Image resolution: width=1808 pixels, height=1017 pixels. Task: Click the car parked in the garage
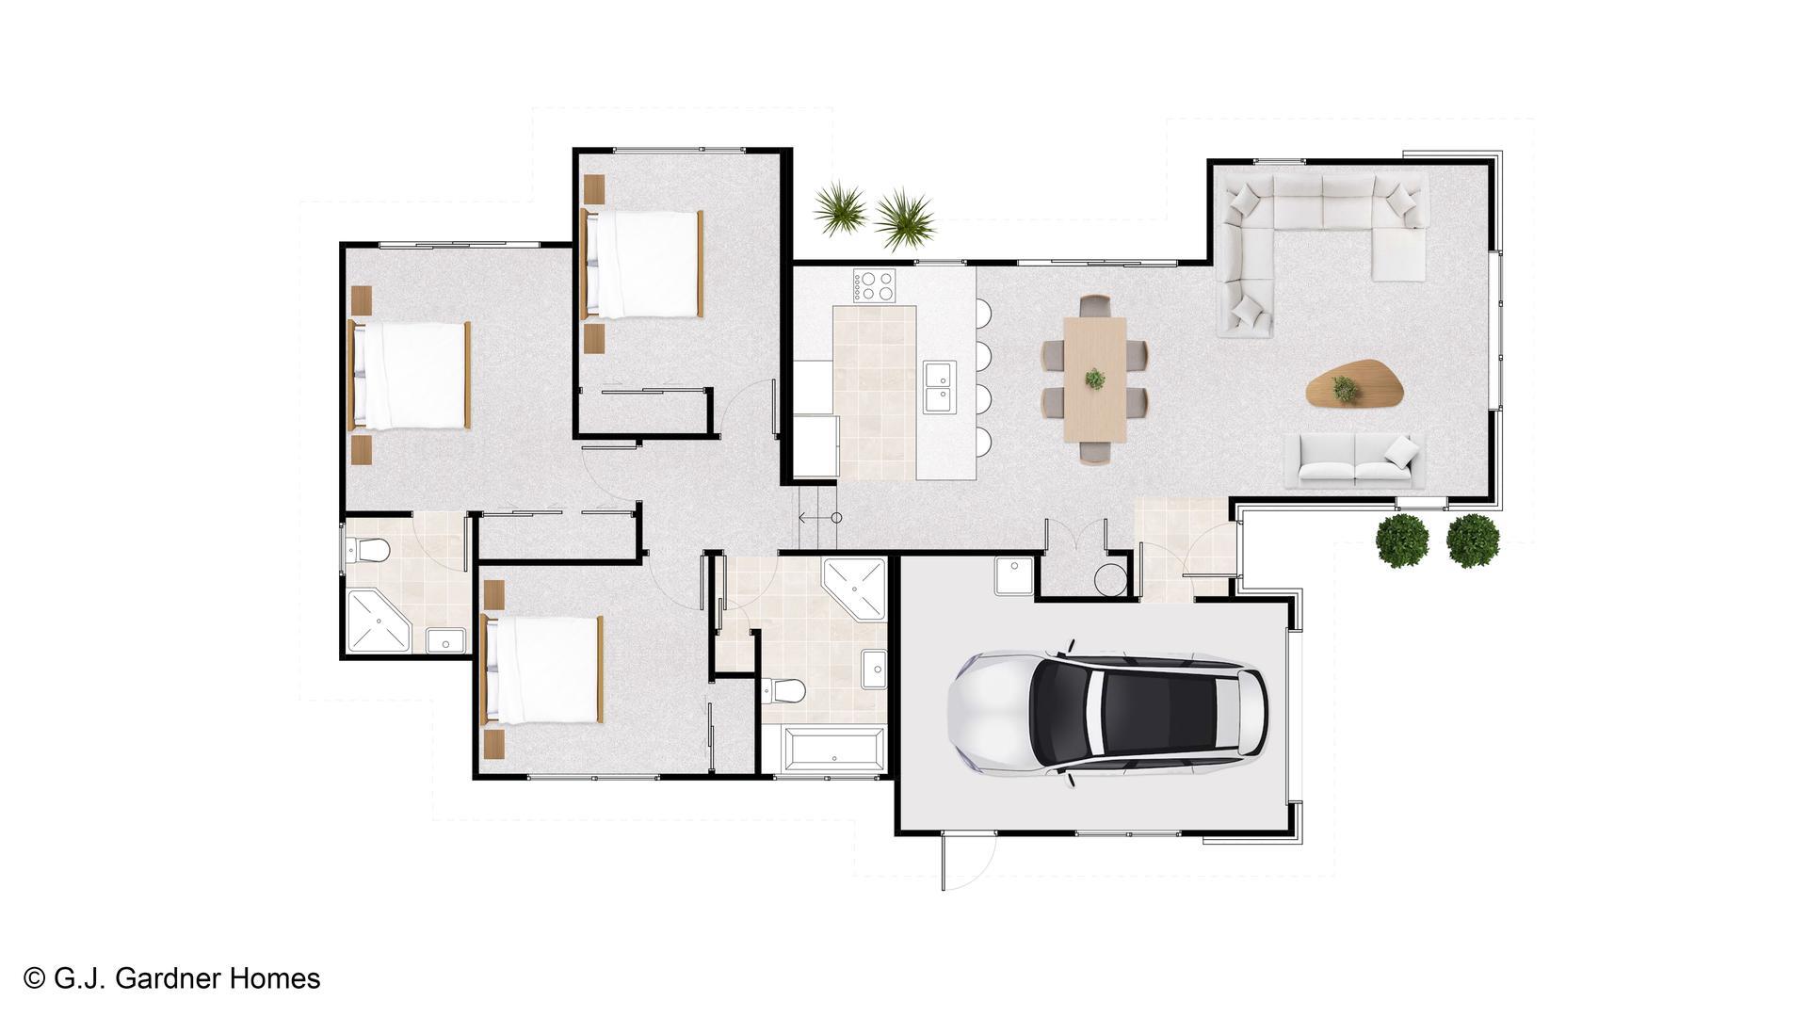(1107, 714)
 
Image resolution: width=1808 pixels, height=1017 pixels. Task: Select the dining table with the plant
(1095, 379)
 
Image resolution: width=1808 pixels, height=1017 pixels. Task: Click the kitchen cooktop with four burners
(876, 285)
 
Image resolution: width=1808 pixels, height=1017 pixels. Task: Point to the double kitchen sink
(939, 387)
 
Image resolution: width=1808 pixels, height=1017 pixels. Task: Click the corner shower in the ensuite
(379, 621)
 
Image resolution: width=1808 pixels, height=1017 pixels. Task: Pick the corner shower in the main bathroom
(855, 589)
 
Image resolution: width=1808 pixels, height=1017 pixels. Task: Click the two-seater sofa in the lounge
(1356, 461)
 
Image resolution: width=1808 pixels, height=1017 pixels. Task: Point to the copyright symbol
(35, 979)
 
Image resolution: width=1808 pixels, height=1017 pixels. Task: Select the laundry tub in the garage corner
(1014, 575)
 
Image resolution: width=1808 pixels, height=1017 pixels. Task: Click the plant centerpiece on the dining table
(1095, 379)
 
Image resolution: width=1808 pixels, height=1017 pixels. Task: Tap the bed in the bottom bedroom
(541, 670)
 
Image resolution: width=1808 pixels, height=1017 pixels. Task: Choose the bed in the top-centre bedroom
(643, 264)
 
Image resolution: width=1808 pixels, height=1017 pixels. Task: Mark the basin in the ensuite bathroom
(445, 640)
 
